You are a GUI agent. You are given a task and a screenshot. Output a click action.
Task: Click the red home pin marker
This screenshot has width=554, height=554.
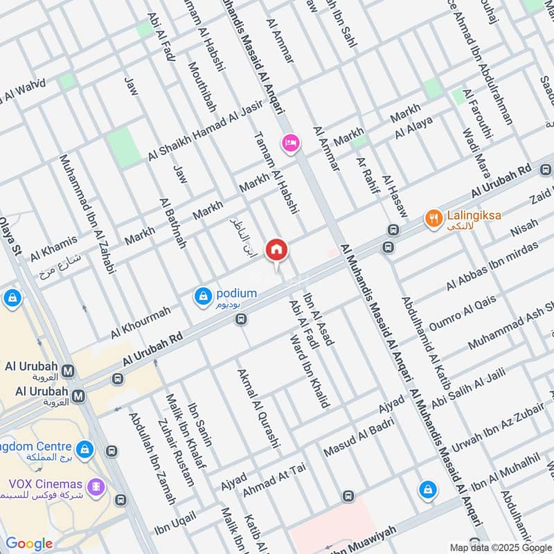(276, 249)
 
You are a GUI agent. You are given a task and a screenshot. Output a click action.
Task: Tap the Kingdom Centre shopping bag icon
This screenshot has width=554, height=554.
(85, 450)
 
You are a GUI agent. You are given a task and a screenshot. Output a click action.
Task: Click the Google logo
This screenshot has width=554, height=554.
(29, 544)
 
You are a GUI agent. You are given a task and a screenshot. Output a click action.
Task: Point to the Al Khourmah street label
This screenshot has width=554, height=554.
(140, 323)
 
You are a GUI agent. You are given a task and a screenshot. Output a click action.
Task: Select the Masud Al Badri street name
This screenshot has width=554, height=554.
(358, 438)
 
